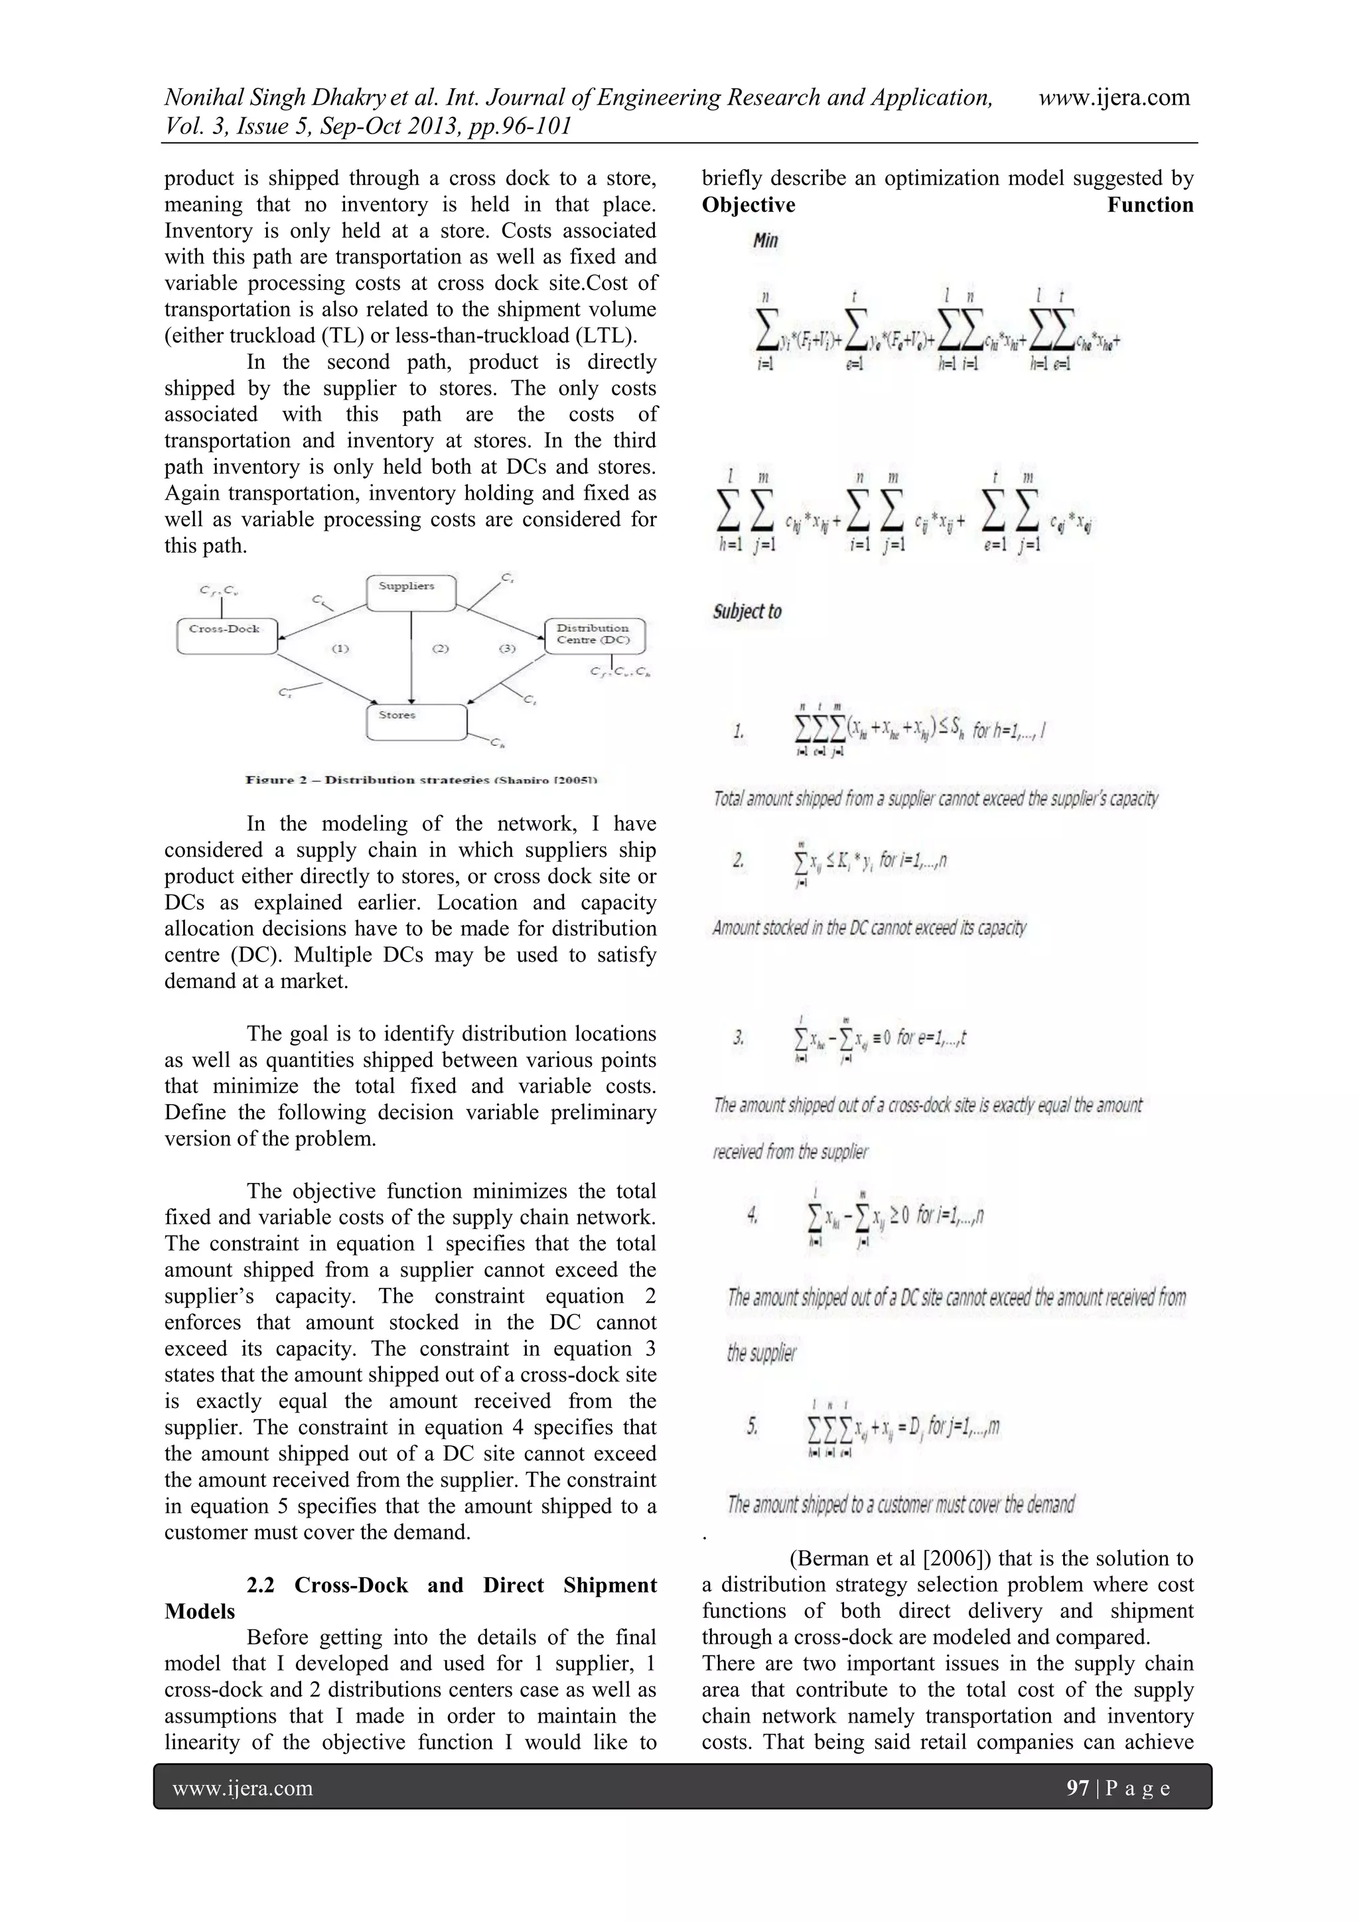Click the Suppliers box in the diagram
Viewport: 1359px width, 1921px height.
pos(411,593)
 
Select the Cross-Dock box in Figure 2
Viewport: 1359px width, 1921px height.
pos(227,635)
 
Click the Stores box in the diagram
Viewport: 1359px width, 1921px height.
pos(416,721)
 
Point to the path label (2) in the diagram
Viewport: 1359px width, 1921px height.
pos(440,648)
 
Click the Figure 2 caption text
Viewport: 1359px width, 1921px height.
pos(420,780)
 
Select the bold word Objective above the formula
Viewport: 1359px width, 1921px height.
pos(748,205)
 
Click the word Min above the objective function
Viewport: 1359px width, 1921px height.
pos(765,241)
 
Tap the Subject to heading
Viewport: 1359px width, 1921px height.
pos(747,612)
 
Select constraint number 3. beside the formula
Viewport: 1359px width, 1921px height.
pos(739,1038)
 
